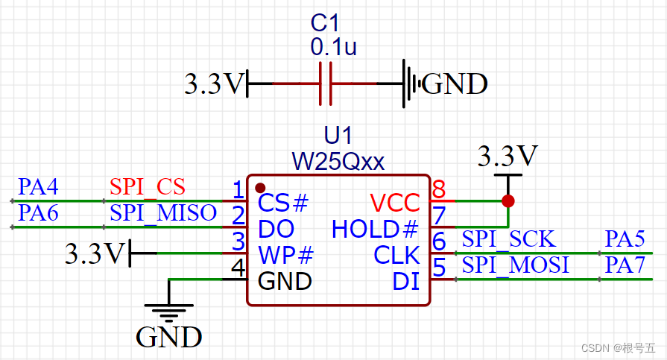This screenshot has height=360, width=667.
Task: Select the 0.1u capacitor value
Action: (x=333, y=48)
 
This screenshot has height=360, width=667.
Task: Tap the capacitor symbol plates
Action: (x=325, y=83)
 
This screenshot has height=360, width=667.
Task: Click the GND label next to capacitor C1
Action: (x=455, y=84)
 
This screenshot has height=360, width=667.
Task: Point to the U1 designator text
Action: (x=338, y=136)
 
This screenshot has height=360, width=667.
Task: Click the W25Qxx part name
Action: (x=338, y=160)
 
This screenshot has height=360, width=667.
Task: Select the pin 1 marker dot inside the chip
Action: (x=259, y=187)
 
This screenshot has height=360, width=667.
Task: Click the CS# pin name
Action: (x=282, y=202)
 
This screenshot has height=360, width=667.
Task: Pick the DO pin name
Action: (x=276, y=228)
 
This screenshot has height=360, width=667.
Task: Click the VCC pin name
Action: (x=395, y=202)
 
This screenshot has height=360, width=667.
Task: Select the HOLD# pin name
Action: (x=375, y=228)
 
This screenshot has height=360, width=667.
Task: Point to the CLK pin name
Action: (x=396, y=255)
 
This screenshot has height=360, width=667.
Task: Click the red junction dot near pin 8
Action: (x=508, y=201)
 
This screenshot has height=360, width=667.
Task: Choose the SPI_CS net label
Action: (x=147, y=186)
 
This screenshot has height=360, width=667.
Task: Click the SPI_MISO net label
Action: (x=163, y=212)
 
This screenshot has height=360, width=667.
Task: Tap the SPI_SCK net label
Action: (x=508, y=239)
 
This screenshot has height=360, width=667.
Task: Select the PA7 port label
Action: (x=625, y=265)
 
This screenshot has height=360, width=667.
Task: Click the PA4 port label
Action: (x=38, y=186)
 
